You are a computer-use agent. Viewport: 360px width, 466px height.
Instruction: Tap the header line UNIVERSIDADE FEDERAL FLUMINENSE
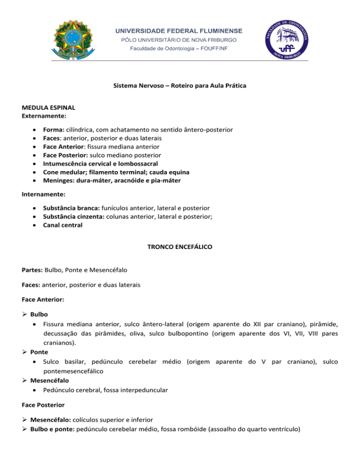(x=180, y=31)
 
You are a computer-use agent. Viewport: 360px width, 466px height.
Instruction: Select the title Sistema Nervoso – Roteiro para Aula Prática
(x=180, y=86)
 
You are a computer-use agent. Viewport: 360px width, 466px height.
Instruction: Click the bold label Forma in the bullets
(x=53, y=129)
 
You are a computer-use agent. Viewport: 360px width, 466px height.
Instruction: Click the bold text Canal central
(x=62, y=225)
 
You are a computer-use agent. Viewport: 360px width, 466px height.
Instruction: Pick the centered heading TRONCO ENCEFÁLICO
(x=180, y=246)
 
